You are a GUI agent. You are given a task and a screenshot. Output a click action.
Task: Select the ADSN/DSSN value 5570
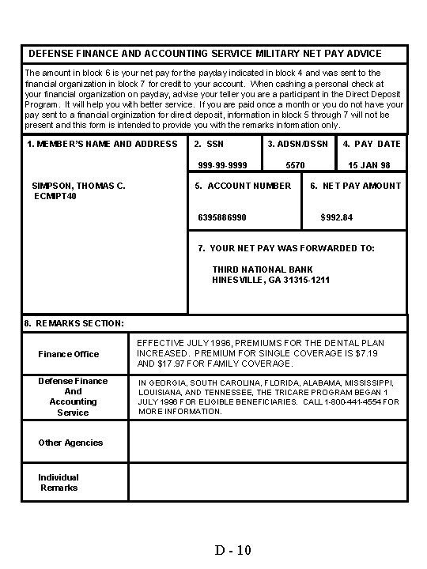295,165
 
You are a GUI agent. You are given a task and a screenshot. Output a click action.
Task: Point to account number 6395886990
221,217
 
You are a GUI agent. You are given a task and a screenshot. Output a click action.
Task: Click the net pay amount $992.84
336,217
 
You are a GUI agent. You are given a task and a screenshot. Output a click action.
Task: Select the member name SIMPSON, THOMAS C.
78,186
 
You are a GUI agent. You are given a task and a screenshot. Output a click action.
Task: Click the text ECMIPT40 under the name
55,196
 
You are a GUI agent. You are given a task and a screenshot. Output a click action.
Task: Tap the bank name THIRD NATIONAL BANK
263,269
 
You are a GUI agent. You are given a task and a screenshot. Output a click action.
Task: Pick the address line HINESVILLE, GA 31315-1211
271,280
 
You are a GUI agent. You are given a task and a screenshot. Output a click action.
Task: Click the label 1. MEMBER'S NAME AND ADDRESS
102,144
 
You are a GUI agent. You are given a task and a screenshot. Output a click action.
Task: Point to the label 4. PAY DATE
372,144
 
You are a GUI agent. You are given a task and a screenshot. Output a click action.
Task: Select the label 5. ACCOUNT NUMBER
243,186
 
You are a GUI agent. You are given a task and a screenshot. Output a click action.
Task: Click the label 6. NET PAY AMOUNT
355,186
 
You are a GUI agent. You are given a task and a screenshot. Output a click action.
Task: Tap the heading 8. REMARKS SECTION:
74,323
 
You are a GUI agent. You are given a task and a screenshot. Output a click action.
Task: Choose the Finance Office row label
69,353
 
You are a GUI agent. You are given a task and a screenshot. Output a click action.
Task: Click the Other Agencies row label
70,443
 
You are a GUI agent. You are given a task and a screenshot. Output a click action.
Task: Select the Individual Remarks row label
59,482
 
